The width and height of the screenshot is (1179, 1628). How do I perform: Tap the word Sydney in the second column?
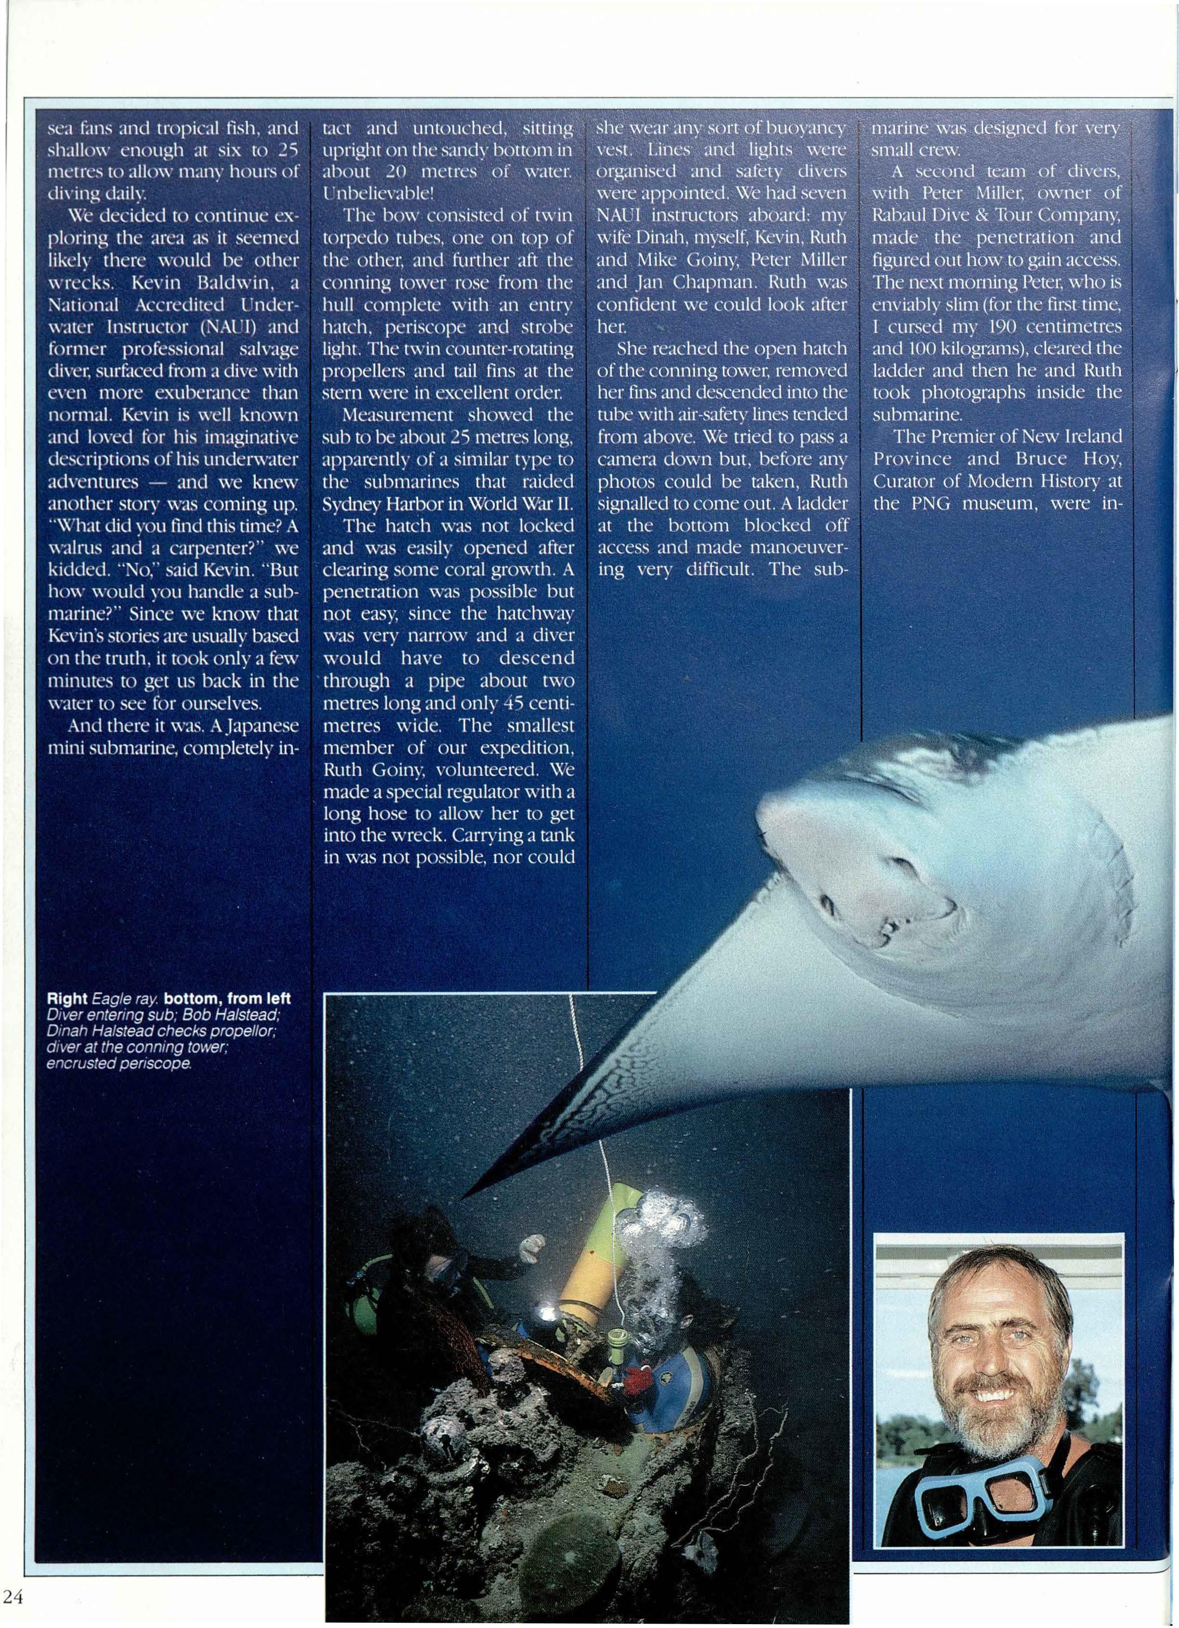tap(354, 503)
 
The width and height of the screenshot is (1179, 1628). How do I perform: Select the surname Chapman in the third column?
tap(703, 282)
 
